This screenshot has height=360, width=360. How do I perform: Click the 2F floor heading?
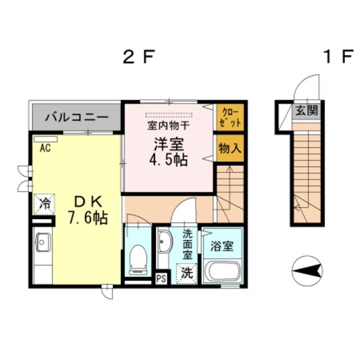click(138, 57)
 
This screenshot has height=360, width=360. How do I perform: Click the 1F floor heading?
click(336, 57)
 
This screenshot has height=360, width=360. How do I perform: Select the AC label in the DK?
click(44, 149)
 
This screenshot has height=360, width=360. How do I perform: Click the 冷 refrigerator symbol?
click(43, 204)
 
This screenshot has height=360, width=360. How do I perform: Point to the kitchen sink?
click(43, 244)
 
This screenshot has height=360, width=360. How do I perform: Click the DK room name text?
click(88, 200)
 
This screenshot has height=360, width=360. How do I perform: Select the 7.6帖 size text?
click(88, 218)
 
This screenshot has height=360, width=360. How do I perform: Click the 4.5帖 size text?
click(168, 159)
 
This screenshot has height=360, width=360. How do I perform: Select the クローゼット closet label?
click(231, 118)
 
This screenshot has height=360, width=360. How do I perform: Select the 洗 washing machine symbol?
click(187, 273)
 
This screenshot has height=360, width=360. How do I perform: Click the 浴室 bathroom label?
click(222, 246)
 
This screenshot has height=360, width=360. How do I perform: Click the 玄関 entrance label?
click(306, 110)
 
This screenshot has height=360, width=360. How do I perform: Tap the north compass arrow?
click(307, 272)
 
